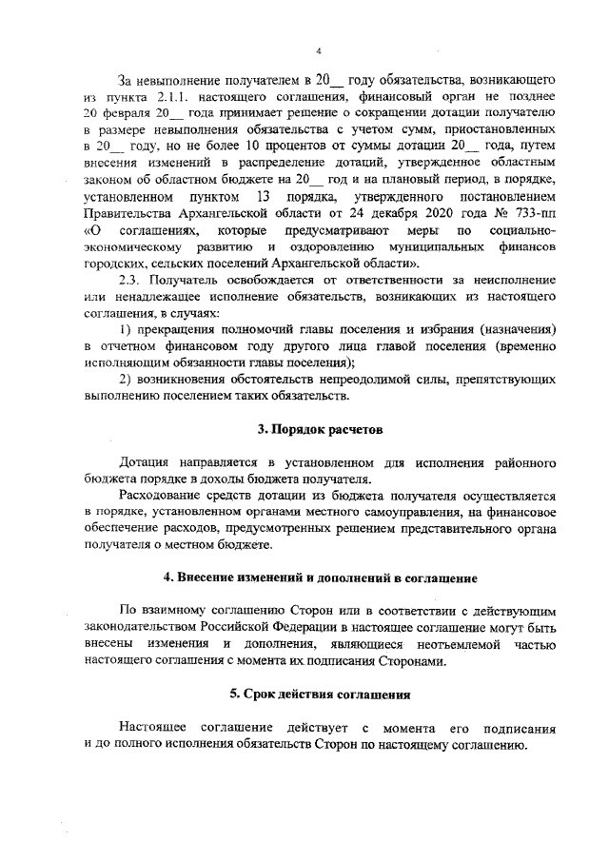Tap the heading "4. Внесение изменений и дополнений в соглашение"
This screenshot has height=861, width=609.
[319, 577]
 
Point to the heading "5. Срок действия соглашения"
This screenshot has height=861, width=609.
[319, 694]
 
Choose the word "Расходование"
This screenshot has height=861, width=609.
[162, 496]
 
